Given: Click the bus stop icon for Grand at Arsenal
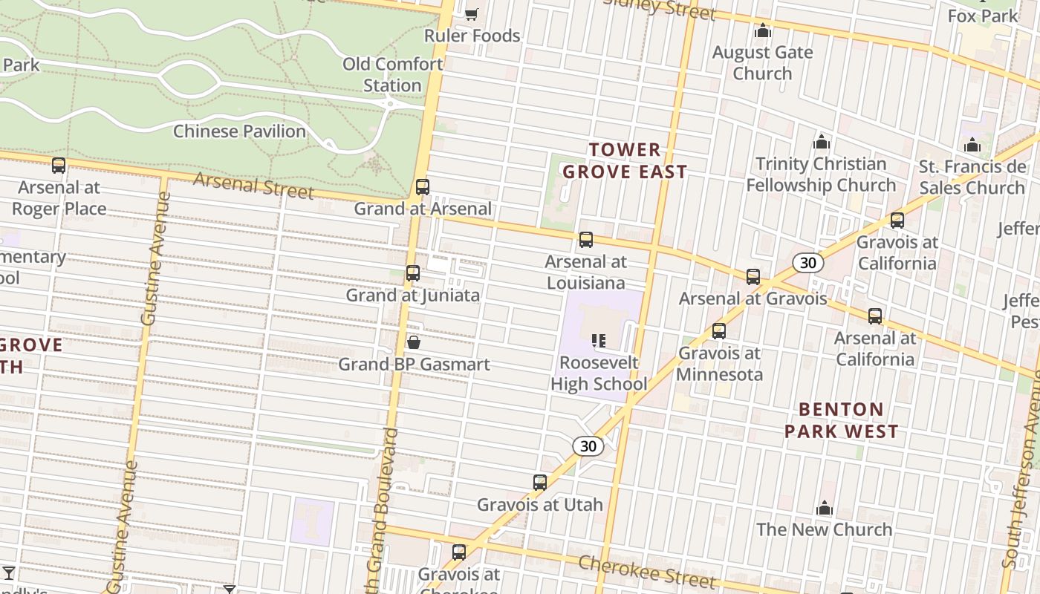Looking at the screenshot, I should [422, 186].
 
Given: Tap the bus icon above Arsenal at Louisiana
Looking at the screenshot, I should [586, 240].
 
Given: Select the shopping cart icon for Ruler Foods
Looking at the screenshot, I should [471, 13].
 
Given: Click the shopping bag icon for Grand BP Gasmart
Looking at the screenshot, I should [414, 342].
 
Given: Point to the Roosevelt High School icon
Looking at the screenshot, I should [599, 341].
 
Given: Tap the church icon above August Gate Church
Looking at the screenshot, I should [762, 31].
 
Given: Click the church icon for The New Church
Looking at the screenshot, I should [824, 509].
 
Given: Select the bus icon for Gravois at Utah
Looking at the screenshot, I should [540, 483].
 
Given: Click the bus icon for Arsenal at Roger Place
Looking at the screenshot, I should [59, 166].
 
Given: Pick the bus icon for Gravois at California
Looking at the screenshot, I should [897, 221].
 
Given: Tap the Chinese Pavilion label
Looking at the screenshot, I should [239, 131].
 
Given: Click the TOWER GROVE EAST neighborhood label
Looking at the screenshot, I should [624, 160].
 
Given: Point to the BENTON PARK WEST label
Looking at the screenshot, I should [841, 420].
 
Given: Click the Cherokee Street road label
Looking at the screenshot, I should [646, 572].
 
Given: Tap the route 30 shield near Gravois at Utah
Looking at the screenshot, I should [588, 446].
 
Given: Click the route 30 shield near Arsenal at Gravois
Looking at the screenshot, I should [807, 263].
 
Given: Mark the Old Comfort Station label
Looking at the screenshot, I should [392, 74].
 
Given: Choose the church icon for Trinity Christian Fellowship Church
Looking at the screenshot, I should [821, 142].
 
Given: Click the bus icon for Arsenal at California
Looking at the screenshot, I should [875, 316].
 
